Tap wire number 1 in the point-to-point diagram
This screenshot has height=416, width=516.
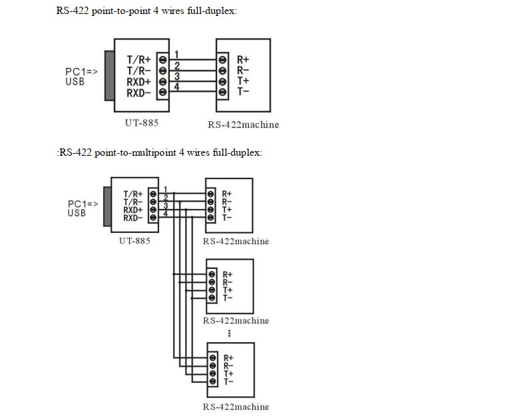[x=176, y=54]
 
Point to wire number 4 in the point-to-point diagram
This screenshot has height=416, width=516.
[x=176, y=87]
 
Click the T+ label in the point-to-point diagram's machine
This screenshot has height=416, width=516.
[x=243, y=81]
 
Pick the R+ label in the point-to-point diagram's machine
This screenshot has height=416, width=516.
[x=243, y=59]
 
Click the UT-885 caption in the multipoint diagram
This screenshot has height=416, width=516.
[x=134, y=240]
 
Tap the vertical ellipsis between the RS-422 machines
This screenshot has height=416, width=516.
[x=230, y=333]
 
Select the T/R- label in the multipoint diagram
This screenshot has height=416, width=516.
[x=132, y=202]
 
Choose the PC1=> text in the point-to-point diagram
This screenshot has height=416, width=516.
[x=82, y=71]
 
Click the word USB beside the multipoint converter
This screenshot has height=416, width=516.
[x=77, y=213]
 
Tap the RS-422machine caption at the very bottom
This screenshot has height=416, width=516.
[x=236, y=407]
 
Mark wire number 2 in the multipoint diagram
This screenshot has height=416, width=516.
[x=165, y=196]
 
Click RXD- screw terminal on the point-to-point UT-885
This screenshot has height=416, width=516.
[x=162, y=92]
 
